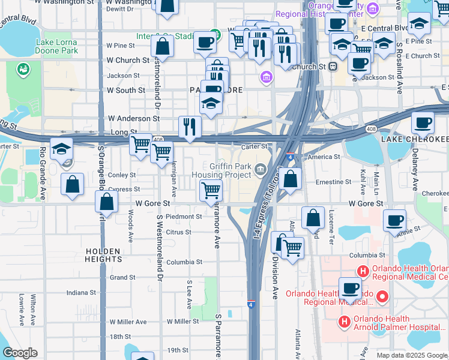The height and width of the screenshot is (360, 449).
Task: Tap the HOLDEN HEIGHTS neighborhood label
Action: point(103,255)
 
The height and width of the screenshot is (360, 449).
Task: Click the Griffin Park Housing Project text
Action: point(231,170)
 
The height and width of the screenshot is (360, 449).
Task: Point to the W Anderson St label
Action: point(133,119)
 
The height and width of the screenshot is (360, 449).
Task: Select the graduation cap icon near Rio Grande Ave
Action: point(61,149)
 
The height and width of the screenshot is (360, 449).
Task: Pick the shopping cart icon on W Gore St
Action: point(211,191)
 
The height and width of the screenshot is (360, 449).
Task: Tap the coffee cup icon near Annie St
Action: point(394,220)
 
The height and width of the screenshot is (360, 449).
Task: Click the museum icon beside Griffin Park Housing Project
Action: point(261,170)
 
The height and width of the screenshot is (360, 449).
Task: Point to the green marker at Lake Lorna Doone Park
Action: point(24,70)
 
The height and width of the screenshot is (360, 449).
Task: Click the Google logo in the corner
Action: point(20,353)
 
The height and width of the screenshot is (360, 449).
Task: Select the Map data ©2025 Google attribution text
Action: point(412,355)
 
